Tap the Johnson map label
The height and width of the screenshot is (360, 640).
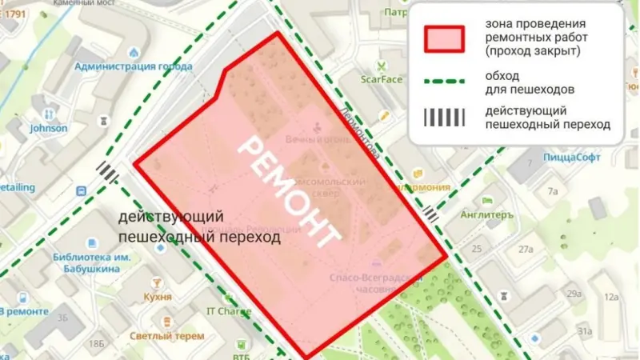coord(48,127)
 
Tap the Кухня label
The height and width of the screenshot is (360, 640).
coord(158,297)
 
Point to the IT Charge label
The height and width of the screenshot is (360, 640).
coord(229,311)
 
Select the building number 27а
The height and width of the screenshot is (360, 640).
coord(525,250)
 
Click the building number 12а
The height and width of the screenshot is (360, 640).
coord(612,298)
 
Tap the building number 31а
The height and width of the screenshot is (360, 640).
coord(585,330)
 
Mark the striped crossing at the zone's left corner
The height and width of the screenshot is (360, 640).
coord(106,171)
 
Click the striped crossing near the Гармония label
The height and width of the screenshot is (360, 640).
coord(431,213)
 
